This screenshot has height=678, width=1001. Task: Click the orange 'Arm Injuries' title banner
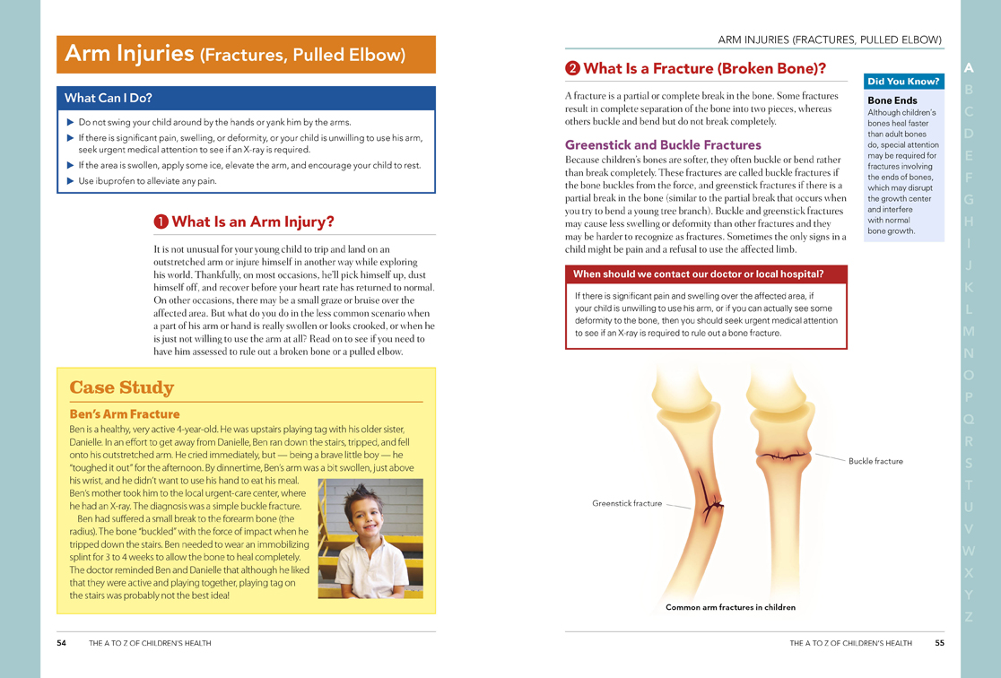point(246,55)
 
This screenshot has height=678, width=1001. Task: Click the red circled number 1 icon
point(161,222)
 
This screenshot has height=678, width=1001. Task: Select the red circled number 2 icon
point(572,69)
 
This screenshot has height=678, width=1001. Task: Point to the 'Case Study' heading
point(122,387)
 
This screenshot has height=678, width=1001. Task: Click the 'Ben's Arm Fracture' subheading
point(125,414)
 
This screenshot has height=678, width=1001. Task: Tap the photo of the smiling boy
point(370,538)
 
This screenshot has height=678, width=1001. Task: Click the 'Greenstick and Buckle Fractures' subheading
point(663,144)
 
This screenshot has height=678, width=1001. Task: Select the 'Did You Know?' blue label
point(903,82)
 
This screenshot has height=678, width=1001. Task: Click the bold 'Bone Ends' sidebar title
point(892,100)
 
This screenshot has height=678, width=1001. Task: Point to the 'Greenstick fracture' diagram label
point(627,503)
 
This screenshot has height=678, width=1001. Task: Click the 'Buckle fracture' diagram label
point(875,461)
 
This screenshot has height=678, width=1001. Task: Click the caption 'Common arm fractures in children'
point(730,607)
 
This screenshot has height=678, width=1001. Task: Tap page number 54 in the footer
point(62,643)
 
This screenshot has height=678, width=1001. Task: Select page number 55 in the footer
point(939,643)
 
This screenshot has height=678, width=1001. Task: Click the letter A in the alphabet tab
point(969,68)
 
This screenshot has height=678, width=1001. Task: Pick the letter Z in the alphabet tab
point(969,617)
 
